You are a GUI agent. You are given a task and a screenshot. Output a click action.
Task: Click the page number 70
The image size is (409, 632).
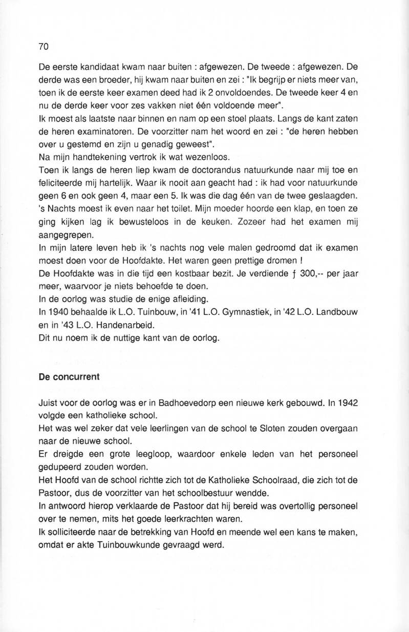click(43, 47)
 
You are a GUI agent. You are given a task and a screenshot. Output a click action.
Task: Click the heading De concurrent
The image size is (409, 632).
click(66, 378)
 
